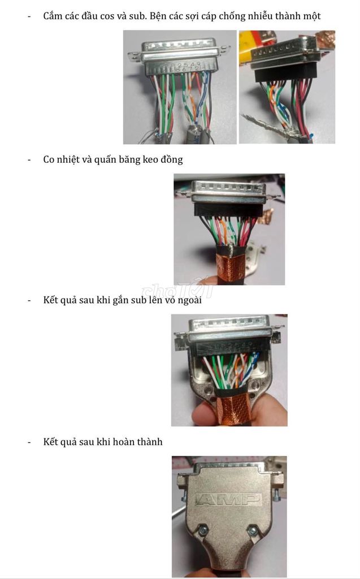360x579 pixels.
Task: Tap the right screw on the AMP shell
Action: pos(252,531)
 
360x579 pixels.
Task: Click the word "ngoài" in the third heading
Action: pos(189,300)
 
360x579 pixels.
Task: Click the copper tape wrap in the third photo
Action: pos(229,267)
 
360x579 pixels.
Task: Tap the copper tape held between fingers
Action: pos(233,410)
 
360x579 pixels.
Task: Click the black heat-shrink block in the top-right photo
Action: pos(285,73)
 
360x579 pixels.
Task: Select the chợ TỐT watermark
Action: pos(178,290)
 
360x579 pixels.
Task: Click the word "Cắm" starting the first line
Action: pos(51,16)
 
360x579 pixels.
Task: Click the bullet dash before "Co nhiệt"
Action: pos(29,160)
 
